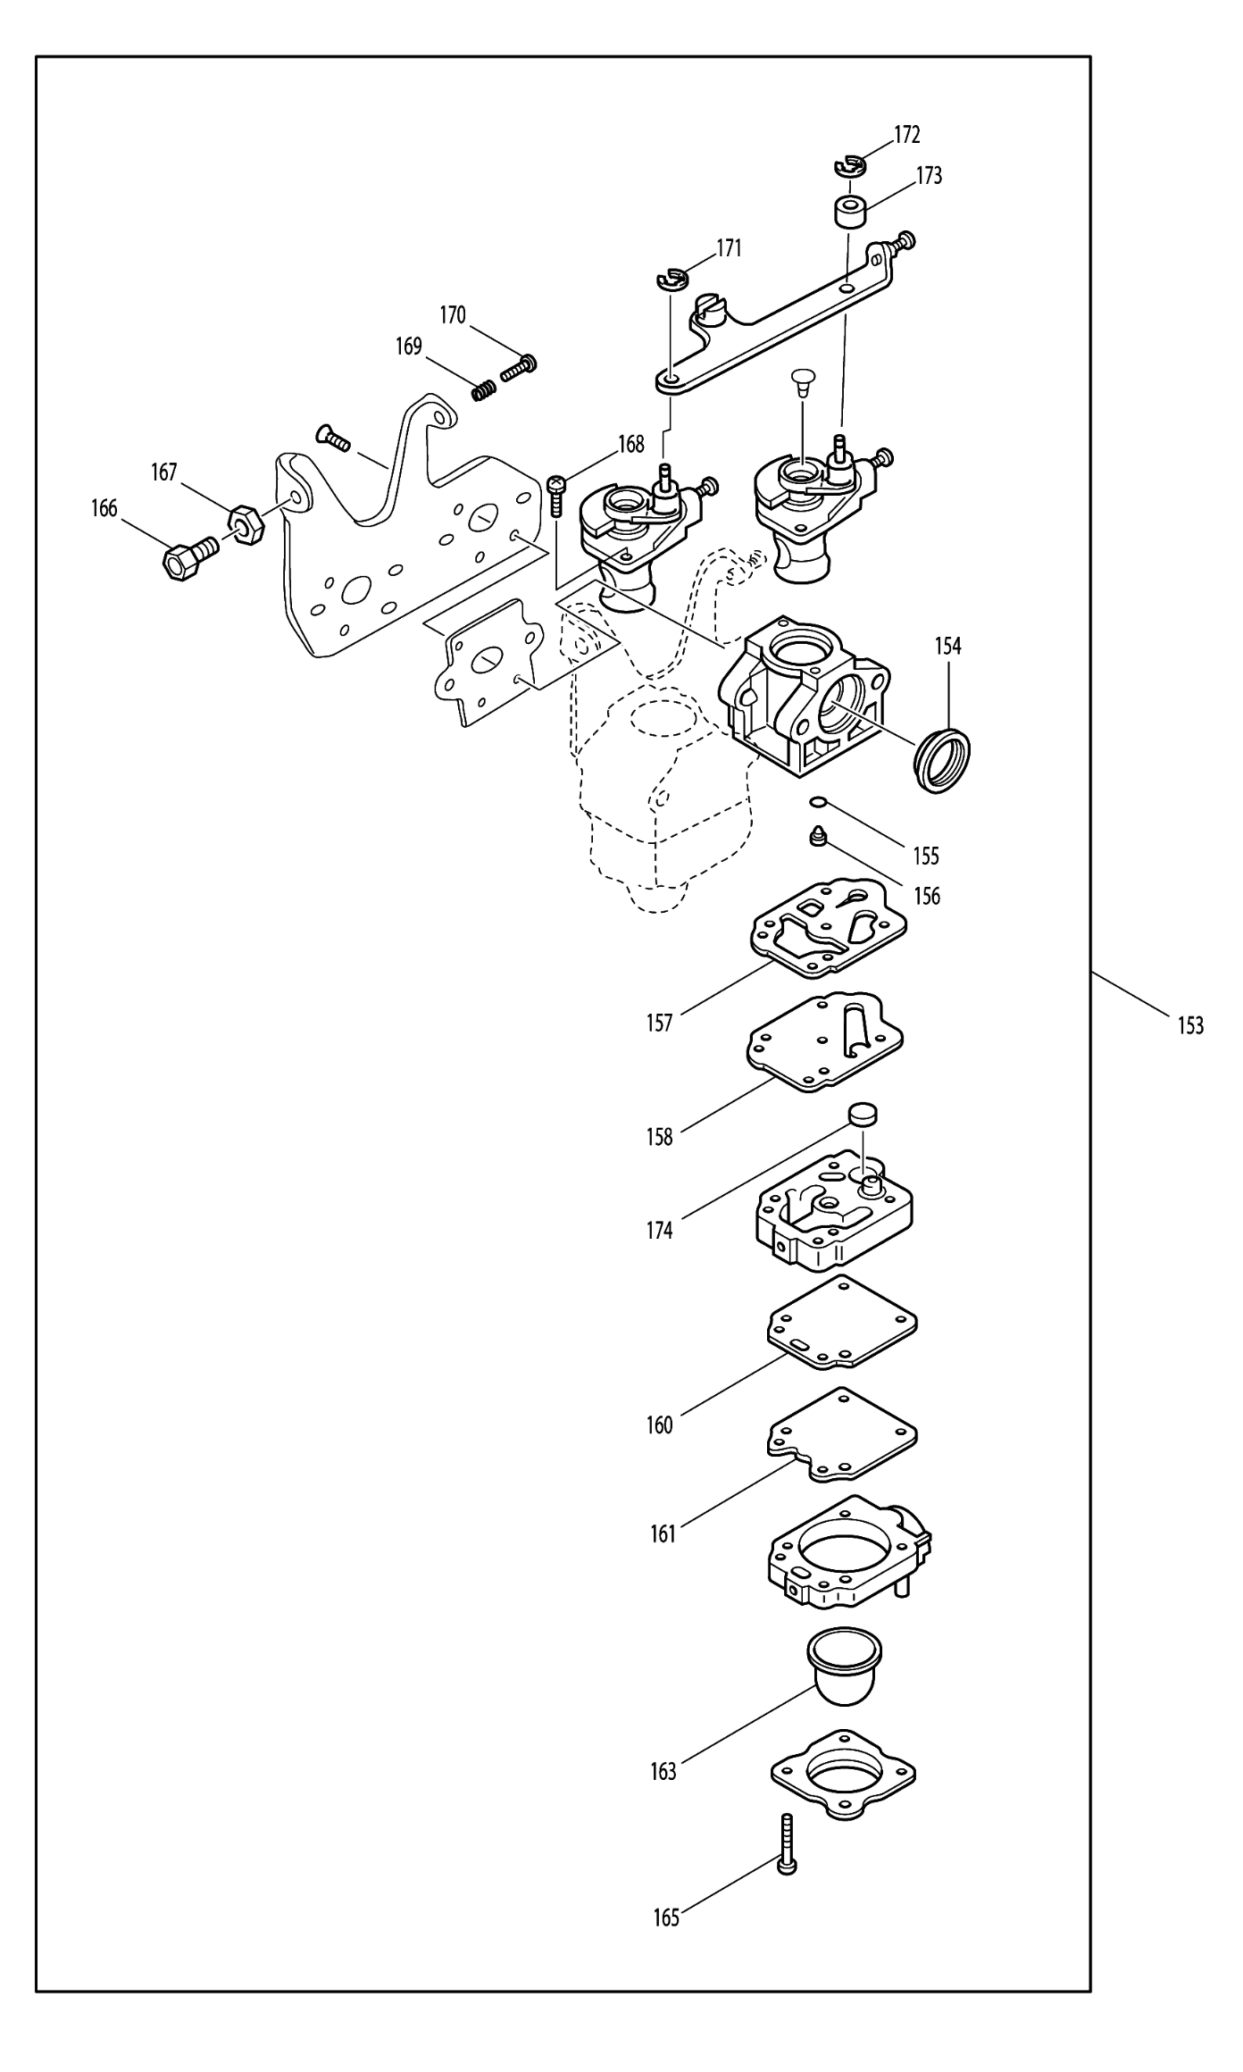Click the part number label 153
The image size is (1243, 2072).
[x=1190, y=1025]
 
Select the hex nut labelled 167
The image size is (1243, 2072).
[x=247, y=525]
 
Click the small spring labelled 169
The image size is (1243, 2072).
[x=483, y=390]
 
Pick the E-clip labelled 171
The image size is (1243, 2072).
[x=669, y=280]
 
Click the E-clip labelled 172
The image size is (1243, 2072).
[x=850, y=165]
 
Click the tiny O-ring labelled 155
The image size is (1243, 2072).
[x=817, y=804]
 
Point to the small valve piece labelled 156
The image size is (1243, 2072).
[x=817, y=837]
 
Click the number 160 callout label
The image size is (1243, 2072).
[x=660, y=1424]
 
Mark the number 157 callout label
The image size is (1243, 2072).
[x=660, y=1023]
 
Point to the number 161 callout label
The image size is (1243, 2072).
[x=663, y=1534]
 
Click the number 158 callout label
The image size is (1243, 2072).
[x=660, y=1137]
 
